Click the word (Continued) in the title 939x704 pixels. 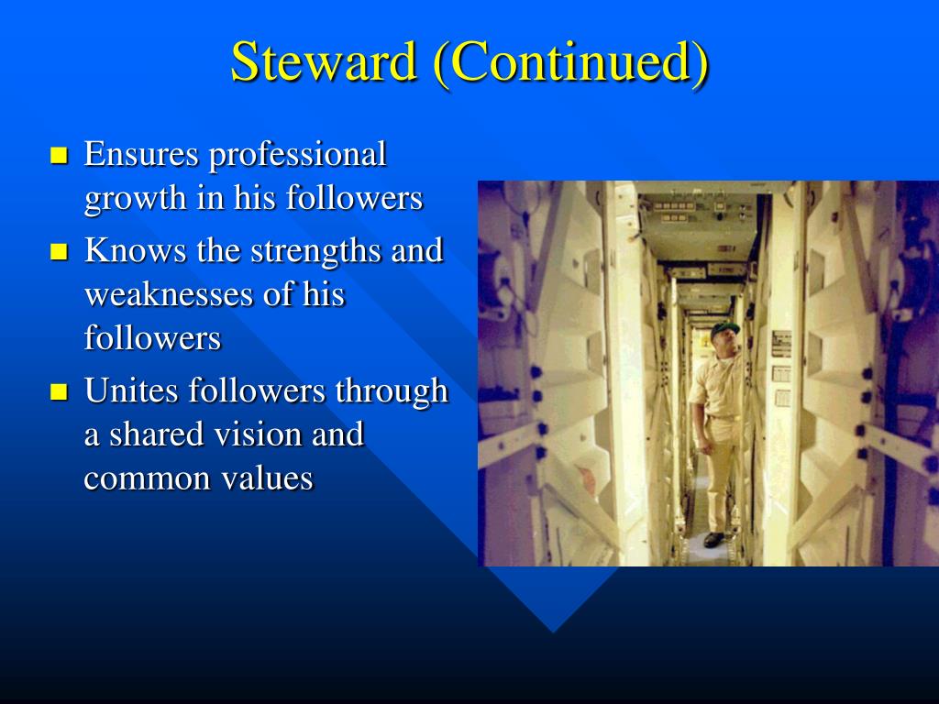pos(570,62)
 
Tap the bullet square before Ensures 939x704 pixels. pos(60,155)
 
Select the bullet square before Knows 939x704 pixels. pos(60,251)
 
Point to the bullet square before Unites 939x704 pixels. pos(60,392)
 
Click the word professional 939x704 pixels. pos(297,155)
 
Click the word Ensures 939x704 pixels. pos(141,154)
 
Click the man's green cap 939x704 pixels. pos(724,326)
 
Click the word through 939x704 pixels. pos(391,391)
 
